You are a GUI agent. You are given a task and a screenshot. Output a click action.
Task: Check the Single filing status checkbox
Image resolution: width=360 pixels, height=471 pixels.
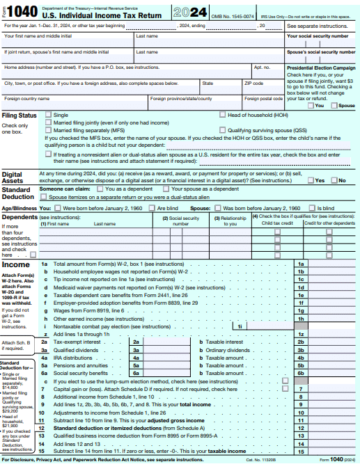coord(48,114)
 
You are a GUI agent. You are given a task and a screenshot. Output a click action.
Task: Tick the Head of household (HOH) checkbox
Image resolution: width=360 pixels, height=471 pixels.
coord(223,114)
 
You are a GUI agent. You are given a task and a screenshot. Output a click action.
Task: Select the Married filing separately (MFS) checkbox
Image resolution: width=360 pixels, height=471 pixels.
coord(48,129)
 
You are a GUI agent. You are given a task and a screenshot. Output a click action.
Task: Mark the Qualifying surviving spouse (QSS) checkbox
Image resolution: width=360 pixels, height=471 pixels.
coord(223,129)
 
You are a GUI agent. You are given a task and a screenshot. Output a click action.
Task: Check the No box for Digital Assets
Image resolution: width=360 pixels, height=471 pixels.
coord(334,180)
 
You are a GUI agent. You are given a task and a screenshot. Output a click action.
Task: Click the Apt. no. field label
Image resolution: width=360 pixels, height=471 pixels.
coord(262,67)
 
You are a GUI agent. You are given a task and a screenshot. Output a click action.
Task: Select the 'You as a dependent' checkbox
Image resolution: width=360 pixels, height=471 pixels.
coord(100,189)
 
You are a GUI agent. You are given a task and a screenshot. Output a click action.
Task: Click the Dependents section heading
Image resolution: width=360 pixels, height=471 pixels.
coord(21,216)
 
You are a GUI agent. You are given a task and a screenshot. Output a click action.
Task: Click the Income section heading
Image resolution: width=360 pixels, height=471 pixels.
coord(16,265)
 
